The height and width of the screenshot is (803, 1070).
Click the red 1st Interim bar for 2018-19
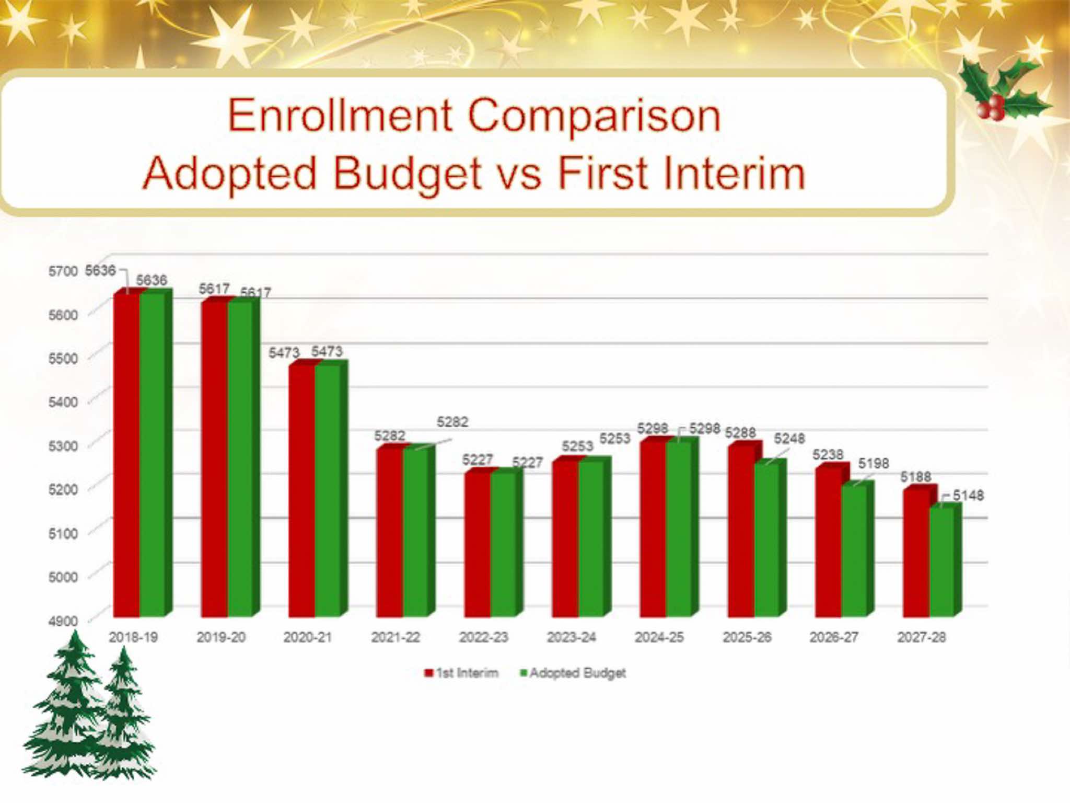127,455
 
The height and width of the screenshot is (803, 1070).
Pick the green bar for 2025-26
766,538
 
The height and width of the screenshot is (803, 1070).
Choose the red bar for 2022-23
478,544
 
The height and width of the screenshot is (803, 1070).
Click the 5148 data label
968,495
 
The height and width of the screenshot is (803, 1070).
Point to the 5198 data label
873,463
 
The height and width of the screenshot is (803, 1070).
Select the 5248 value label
789,439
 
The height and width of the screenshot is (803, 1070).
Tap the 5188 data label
915,477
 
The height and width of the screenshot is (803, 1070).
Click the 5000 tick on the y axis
63,577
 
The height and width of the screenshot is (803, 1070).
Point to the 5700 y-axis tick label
63,271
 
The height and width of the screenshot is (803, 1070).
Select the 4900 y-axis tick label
63,621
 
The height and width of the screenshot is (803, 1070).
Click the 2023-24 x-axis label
572,637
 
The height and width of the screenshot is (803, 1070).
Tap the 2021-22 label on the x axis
396,637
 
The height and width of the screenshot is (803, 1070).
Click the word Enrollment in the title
340,116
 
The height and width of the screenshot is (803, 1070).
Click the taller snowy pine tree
68,706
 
